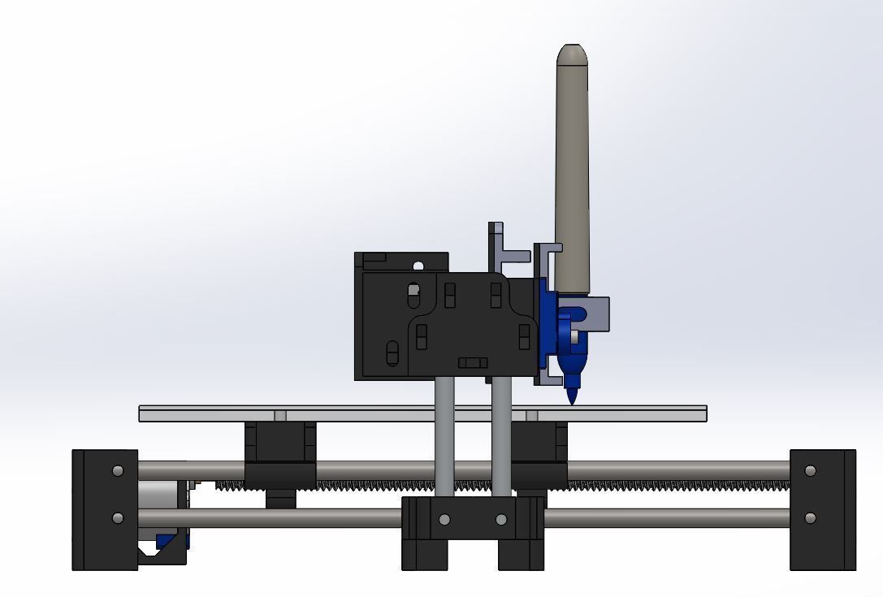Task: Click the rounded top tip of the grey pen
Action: pos(572,54)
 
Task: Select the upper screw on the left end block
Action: pos(119,471)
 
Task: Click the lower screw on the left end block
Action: pos(119,518)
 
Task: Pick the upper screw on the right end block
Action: pos(810,471)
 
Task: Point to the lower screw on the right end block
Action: pos(810,518)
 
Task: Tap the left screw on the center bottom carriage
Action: pos(444,520)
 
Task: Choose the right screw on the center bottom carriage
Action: pos(501,520)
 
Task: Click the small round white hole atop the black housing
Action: pos(418,266)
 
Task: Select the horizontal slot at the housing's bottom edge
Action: pos(473,362)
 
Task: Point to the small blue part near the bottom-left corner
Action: pos(167,540)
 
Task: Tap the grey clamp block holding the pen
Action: pos(598,314)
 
